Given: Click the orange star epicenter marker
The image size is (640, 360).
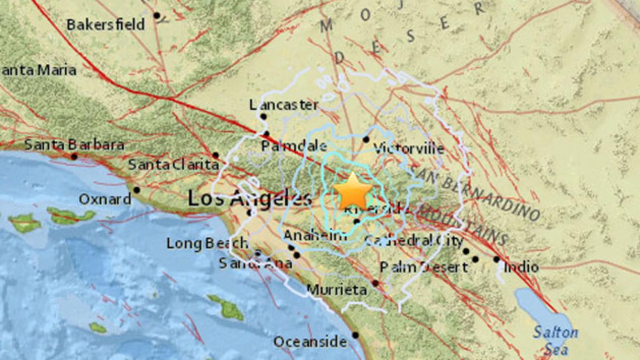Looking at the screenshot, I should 353,191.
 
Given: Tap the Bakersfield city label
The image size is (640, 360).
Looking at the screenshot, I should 106,25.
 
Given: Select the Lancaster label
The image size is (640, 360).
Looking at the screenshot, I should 284,105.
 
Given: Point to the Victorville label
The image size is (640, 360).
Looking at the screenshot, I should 409,148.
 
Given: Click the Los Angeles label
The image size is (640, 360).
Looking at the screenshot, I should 250,199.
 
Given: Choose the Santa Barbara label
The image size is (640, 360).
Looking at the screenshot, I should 74,145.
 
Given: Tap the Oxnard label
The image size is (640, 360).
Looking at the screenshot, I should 105,199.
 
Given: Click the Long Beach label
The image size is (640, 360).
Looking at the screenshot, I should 207,244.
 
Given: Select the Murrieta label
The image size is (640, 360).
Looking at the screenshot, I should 337,290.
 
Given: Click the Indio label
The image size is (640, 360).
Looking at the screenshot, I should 521,267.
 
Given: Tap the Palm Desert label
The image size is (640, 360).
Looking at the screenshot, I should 423,267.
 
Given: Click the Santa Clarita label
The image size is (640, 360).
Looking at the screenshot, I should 173,165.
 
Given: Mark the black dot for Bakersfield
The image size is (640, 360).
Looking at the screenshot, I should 157,15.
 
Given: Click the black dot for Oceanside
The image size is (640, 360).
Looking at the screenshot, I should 356,335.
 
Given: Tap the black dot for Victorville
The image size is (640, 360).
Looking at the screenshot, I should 366,140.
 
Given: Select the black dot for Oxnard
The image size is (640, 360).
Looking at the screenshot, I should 137,190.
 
